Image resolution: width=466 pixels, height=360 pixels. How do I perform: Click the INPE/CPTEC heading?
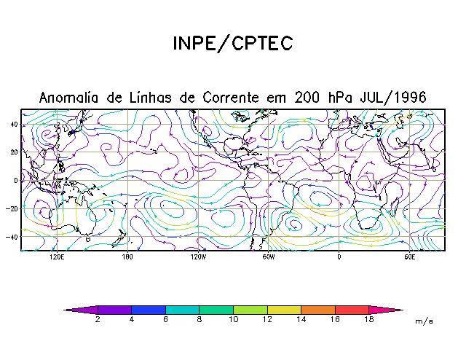232,44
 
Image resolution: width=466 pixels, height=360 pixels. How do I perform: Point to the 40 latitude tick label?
14,124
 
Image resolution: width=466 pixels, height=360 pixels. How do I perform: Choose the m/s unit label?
424,321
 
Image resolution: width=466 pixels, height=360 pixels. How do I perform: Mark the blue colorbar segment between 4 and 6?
149,310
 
